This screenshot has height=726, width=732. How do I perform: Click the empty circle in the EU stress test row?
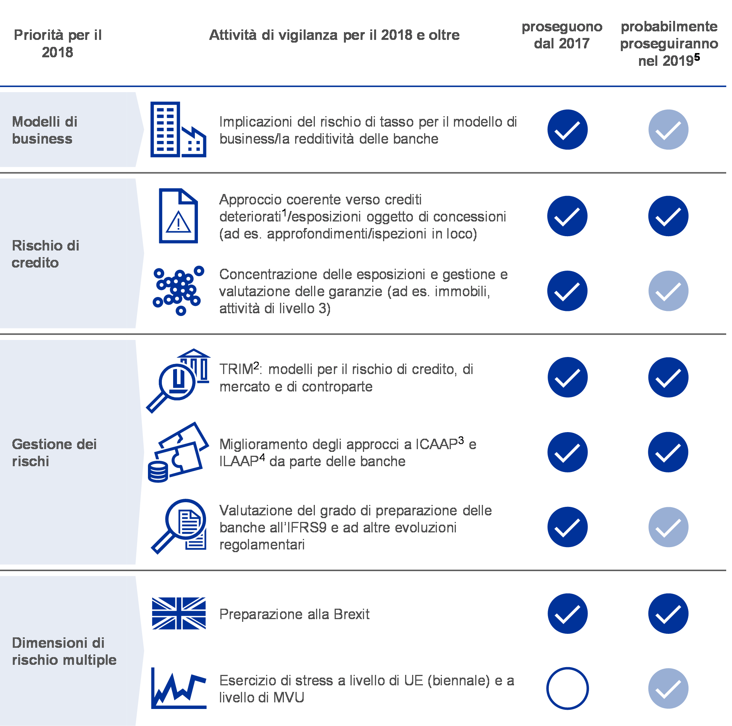(x=567, y=688)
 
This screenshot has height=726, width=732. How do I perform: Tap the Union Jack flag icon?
(x=179, y=613)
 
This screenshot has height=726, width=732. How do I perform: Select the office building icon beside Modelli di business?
(x=178, y=129)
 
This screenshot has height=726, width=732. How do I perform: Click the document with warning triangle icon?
(x=179, y=216)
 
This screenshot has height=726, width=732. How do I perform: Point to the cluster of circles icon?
(x=179, y=290)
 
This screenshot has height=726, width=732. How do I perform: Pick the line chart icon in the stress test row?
(x=179, y=688)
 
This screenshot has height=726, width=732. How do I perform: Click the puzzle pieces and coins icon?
(x=179, y=452)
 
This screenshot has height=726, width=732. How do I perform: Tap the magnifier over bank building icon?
(x=179, y=381)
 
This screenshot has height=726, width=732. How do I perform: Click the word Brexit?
(x=351, y=614)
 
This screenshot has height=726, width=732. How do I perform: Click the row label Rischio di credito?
(x=46, y=254)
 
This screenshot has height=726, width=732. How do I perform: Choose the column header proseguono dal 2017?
(x=562, y=35)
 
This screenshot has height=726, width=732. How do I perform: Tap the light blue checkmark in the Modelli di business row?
(x=668, y=129)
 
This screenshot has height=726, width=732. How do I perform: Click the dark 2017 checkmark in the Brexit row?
(x=567, y=613)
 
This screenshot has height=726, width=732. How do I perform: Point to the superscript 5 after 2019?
(x=697, y=57)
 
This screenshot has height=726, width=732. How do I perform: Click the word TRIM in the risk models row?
(x=236, y=369)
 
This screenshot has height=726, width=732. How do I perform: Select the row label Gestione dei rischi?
(x=54, y=452)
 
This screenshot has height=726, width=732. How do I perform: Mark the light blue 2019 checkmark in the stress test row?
(x=668, y=688)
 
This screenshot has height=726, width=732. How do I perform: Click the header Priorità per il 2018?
(x=58, y=43)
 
